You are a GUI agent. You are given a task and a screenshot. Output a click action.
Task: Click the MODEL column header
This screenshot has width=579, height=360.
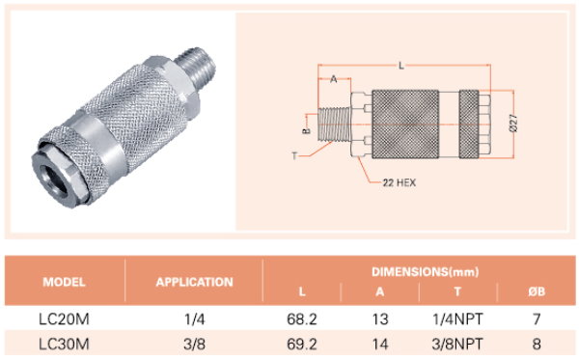pyautogui.click(x=64, y=283)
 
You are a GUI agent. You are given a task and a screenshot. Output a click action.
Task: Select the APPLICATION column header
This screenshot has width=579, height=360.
pyautogui.click(x=194, y=283)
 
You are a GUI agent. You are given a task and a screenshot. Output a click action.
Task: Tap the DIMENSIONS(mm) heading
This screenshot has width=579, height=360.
pyautogui.click(x=425, y=272)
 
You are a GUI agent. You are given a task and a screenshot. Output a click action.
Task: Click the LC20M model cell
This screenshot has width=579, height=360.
pyautogui.click(x=64, y=319)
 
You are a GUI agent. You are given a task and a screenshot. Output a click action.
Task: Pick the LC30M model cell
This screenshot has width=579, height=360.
pyautogui.click(x=64, y=345)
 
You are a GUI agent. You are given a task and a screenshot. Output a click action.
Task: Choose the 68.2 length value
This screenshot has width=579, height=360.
pyautogui.click(x=302, y=319)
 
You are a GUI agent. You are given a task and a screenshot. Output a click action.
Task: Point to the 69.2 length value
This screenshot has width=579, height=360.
pyautogui.click(x=302, y=345)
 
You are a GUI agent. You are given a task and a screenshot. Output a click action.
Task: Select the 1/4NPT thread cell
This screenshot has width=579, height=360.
pyautogui.click(x=457, y=319)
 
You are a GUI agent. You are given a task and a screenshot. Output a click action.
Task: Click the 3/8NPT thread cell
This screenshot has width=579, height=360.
pyautogui.click(x=457, y=345)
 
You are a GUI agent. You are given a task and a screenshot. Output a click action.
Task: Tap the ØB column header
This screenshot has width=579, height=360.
pyautogui.click(x=537, y=291)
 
